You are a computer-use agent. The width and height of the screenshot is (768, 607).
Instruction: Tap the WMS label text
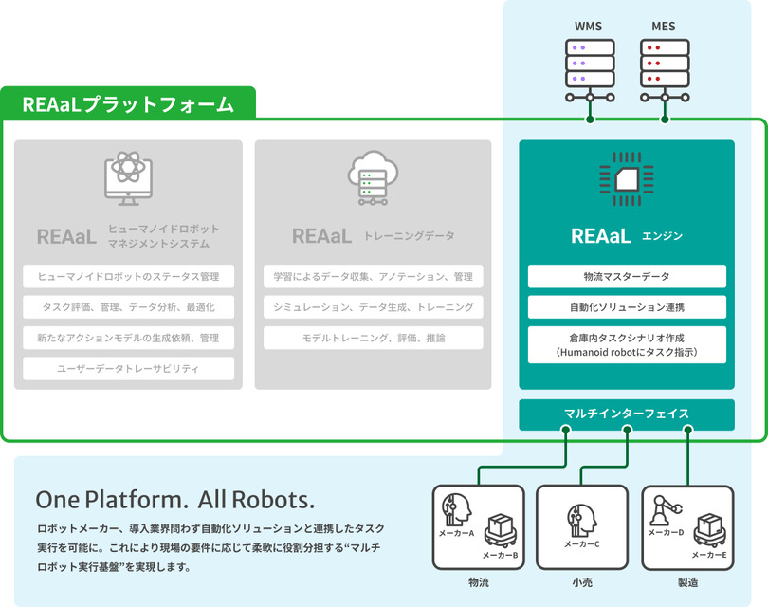click(590, 26)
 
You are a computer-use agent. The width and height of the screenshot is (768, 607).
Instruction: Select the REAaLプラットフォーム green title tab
click(129, 104)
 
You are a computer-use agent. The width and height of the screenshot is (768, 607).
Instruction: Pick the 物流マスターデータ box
click(627, 276)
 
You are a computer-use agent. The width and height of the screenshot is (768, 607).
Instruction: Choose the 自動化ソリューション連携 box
click(627, 307)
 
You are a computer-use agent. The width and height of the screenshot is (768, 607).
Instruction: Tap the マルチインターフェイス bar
click(627, 414)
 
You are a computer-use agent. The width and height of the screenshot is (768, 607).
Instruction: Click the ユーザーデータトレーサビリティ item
click(129, 368)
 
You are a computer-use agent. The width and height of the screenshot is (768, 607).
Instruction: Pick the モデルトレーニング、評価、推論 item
click(373, 338)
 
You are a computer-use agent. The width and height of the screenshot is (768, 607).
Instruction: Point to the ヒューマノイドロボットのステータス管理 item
click(129, 276)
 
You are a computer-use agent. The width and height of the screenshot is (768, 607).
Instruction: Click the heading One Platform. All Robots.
click(174, 499)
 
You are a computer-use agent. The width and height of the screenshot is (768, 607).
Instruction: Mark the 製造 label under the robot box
click(686, 581)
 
